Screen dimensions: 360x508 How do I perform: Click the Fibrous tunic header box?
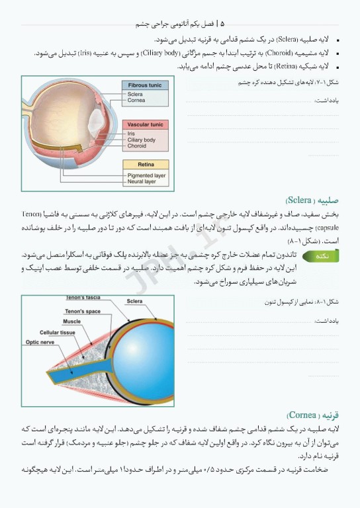pos(145,85)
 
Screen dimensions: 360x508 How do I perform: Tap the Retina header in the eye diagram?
pos(146,164)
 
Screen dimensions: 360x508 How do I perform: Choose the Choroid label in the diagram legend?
pos(138,146)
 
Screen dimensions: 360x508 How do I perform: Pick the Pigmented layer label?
pos(146,175)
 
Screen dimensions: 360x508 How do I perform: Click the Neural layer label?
pos(142,182)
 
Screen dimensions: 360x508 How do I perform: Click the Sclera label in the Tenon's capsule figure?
pos(134,301)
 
